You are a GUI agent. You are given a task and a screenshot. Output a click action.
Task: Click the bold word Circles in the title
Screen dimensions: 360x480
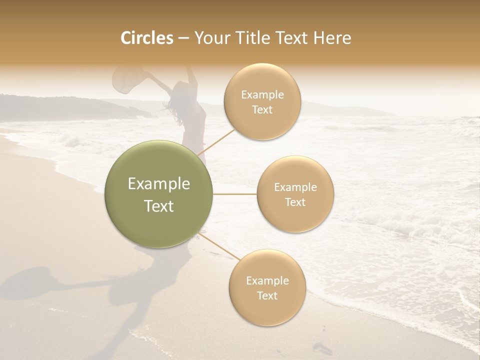coord(146,38)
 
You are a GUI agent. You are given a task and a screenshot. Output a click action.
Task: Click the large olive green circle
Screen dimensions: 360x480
coord(158,194)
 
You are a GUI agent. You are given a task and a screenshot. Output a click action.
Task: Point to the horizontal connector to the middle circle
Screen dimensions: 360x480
coord(235,194)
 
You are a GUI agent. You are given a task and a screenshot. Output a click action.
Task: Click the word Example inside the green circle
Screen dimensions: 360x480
coord(158,184)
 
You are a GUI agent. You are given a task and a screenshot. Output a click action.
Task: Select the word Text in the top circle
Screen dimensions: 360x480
coord(262,110)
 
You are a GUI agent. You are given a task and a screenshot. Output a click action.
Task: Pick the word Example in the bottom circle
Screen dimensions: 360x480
coord(267,280)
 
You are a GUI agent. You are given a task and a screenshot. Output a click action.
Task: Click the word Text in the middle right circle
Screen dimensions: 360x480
coord(295,202)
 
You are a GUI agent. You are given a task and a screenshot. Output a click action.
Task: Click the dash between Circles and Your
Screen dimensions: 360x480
coord(183,38)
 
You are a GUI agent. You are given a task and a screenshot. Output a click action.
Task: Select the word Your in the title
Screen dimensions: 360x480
coord(209,38)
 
